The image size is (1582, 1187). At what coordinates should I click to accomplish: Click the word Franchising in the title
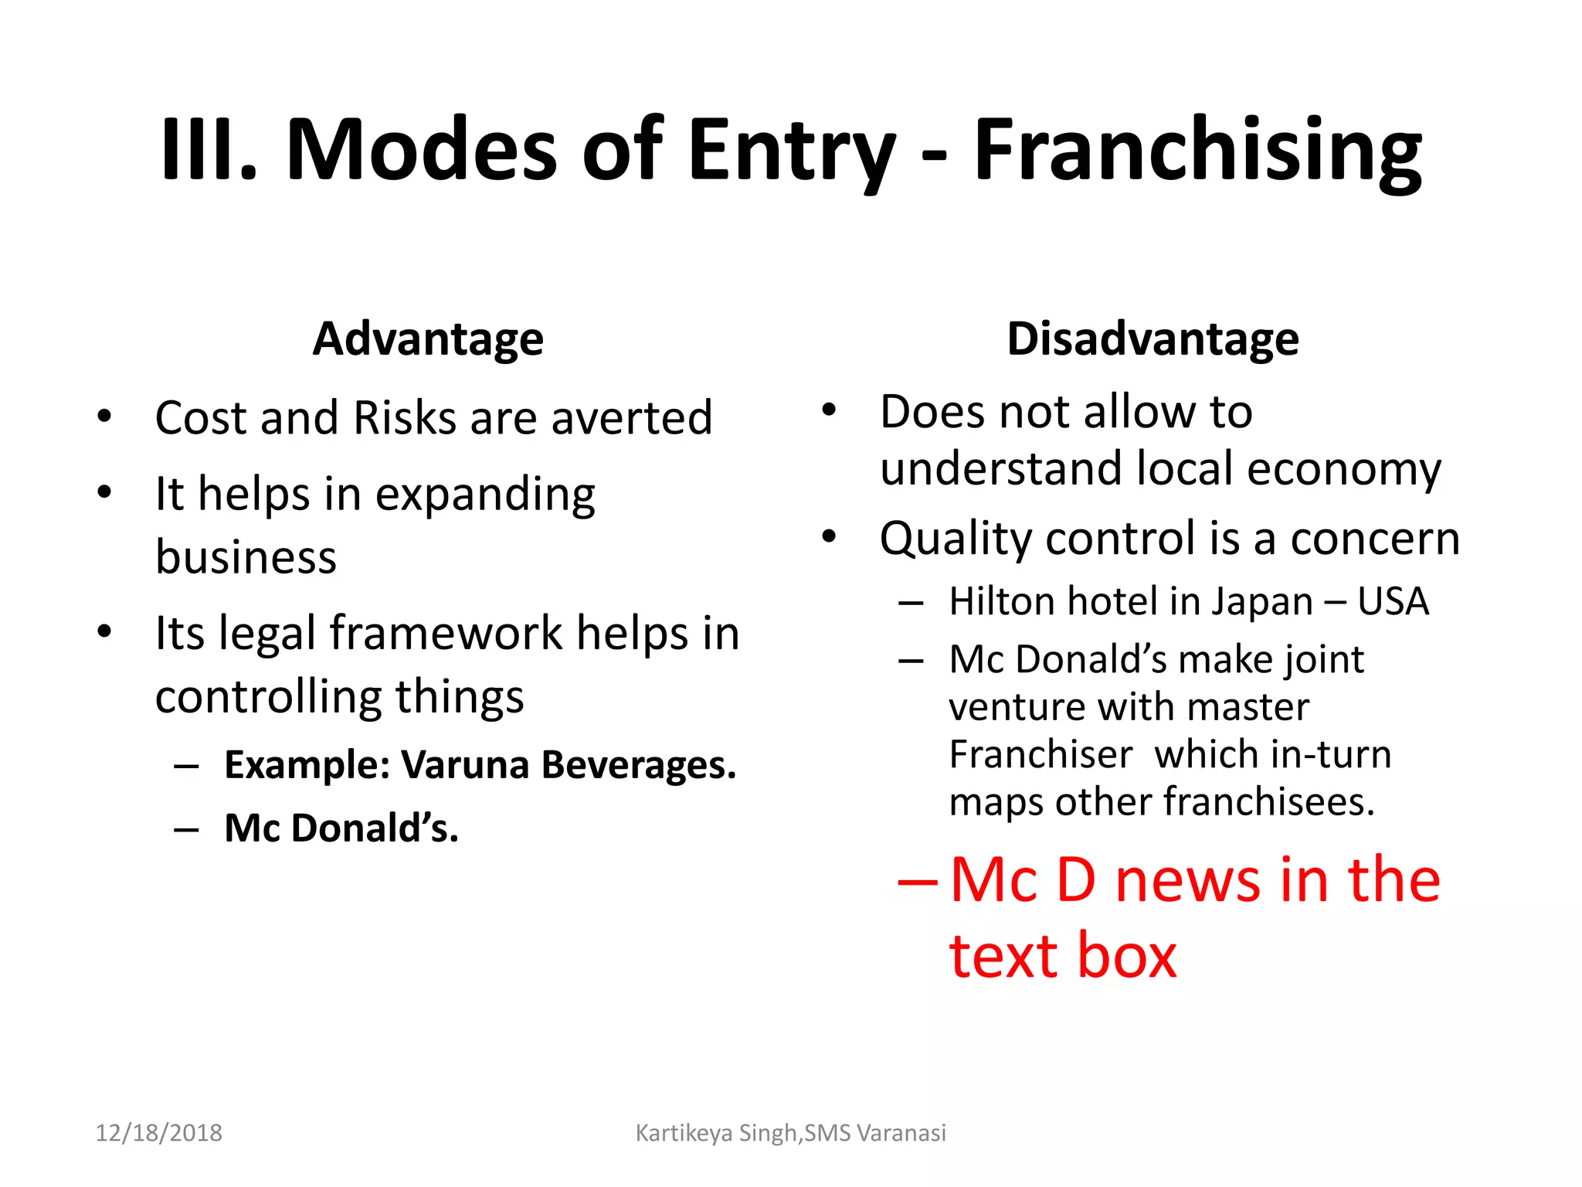click(1197, 149)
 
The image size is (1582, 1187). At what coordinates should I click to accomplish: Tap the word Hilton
click(1000, 601)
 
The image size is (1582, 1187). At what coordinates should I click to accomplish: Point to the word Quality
click(956, 539)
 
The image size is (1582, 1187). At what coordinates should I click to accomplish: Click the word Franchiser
click(1041, 754)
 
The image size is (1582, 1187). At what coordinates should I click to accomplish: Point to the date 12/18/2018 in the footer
click(158, 1133)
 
